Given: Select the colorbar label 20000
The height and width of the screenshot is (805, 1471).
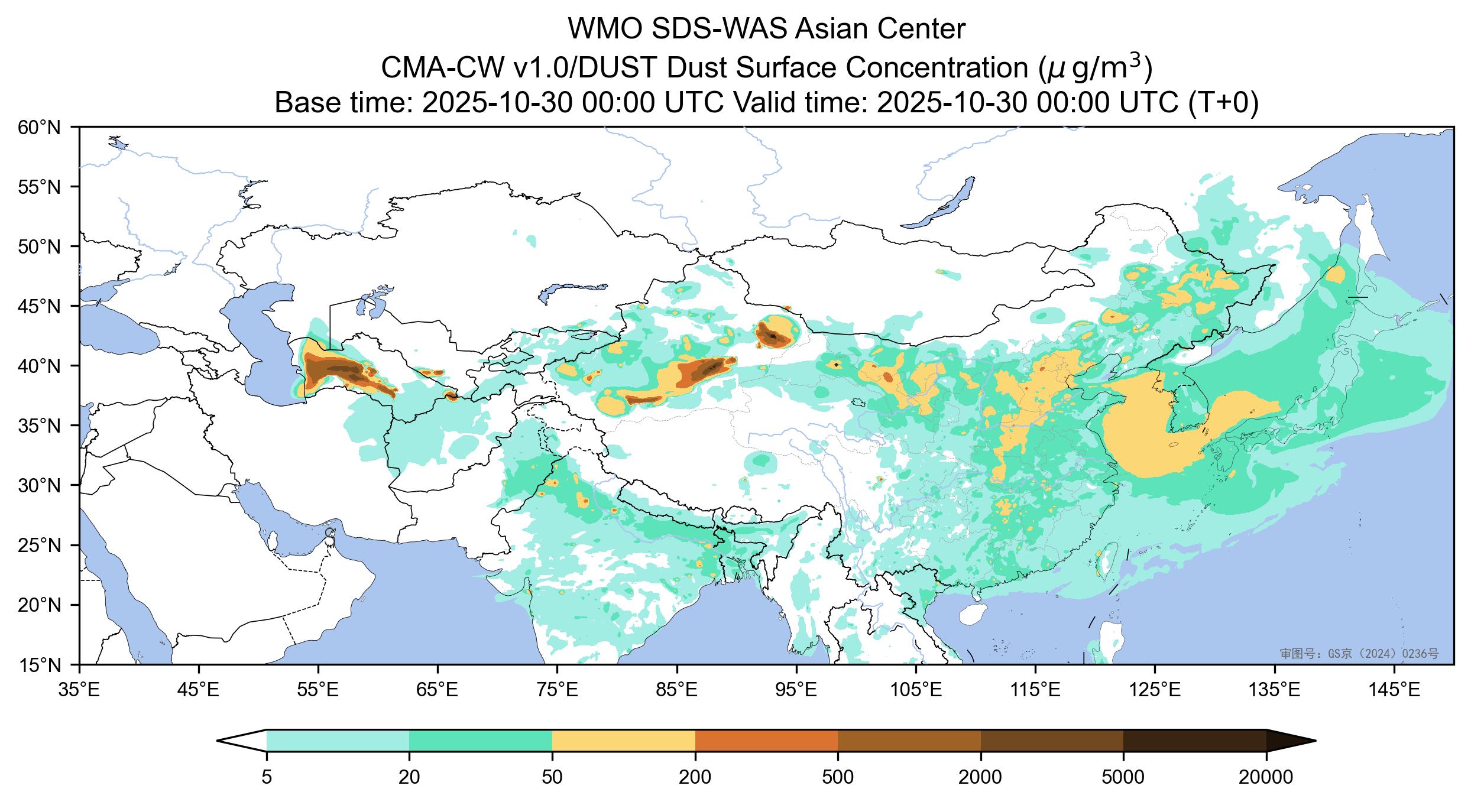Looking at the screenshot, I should [x=1265, y=777].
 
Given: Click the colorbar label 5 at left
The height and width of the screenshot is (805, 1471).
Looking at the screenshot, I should [x=267, y=777].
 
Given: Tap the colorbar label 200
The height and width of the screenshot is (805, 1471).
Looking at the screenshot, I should [x=695, y=777].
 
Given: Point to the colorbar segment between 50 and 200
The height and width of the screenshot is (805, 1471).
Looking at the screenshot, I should [x=623, y=740].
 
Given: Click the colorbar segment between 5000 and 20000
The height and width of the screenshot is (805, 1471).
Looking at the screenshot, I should [x=1194, y=740].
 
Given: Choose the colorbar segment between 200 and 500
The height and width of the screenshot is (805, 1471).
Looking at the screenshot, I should [x=766, y=740].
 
